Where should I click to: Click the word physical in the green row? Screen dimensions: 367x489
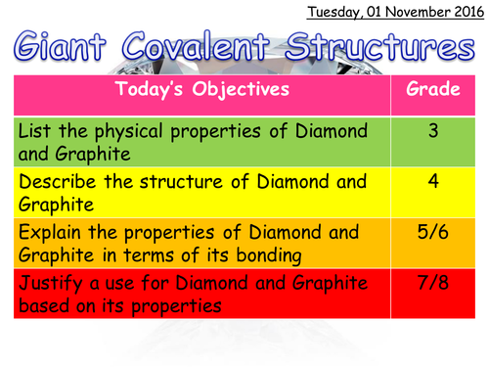point(143,130)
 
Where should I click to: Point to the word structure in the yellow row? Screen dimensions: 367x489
point(201,182)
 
